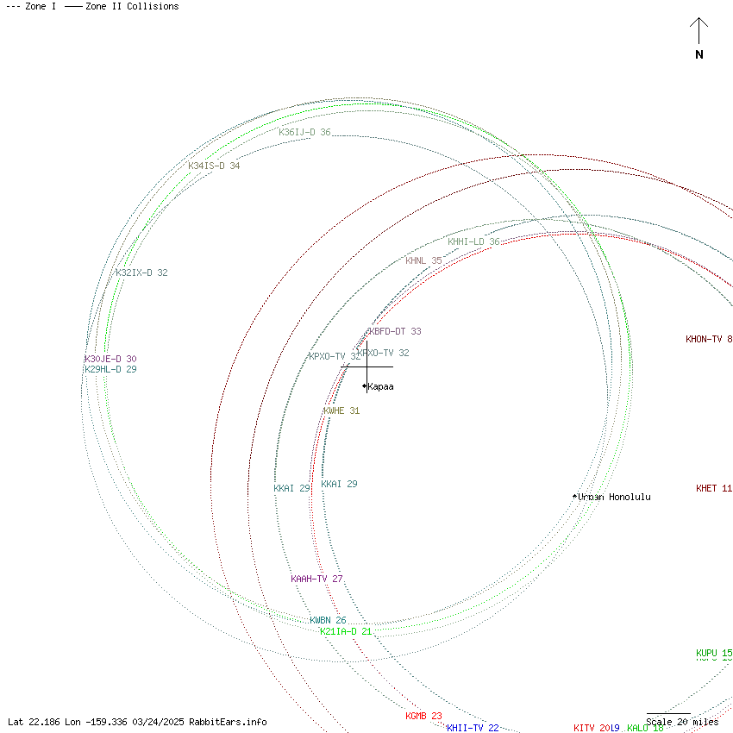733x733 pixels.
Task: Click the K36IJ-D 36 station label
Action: [304, 133]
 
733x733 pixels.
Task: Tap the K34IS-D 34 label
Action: [214, 166]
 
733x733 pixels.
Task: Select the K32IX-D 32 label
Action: [141, 273]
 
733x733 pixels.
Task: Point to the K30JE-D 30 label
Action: [110, 359]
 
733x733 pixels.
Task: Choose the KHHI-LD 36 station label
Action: [473, 241]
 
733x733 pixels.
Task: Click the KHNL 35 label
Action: [423, 260]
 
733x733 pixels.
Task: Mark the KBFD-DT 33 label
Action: [395, 331]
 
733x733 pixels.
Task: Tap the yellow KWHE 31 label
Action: [341, 410]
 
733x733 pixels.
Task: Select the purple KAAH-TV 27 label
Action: [316, 579]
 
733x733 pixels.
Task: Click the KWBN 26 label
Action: [328, 620]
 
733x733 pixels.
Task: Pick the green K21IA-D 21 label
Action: [345, 631]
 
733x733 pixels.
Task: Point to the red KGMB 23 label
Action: [423, 716]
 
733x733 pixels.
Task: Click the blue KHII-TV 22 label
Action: [473, 728]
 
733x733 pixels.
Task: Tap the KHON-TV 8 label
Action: [709, 339]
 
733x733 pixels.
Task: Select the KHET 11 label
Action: [714, 488]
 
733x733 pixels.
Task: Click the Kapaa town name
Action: [380, 386]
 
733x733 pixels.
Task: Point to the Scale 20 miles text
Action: [682, 722]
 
